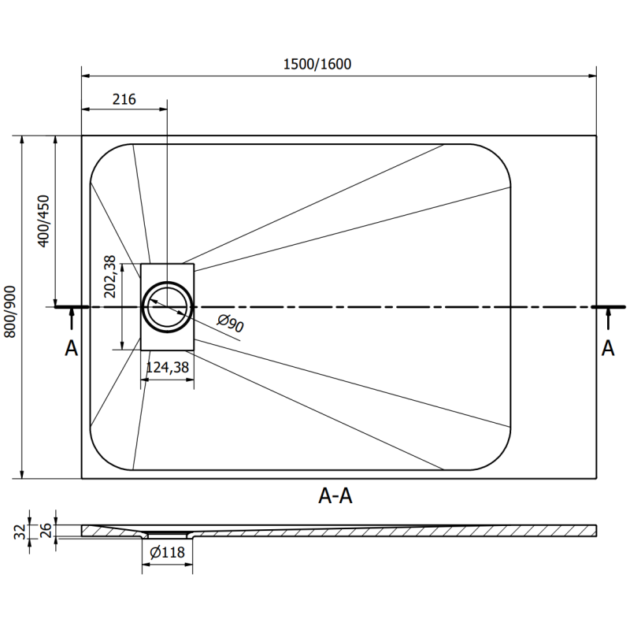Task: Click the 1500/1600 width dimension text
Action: pos(317,65)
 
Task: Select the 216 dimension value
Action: pos(124,99)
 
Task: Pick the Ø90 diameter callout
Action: pos(229,324)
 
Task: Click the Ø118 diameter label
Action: pos(166,552)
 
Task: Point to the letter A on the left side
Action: pos(71,347)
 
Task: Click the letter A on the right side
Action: pos(607,347)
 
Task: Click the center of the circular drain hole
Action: pos(167,306)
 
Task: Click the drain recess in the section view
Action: pos(167,535)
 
